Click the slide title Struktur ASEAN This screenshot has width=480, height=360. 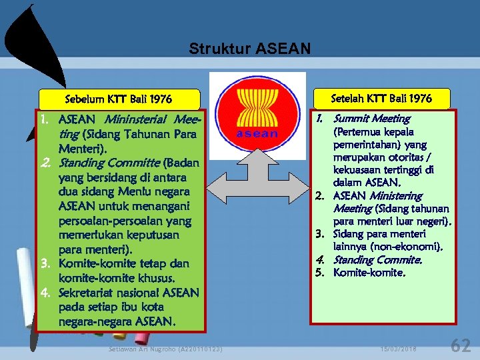249,49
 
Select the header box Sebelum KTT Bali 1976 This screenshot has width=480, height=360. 119,99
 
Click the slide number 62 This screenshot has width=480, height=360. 461,345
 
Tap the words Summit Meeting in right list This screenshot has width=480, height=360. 371,119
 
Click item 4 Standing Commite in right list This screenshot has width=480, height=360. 377,259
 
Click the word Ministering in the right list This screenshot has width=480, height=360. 396,195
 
